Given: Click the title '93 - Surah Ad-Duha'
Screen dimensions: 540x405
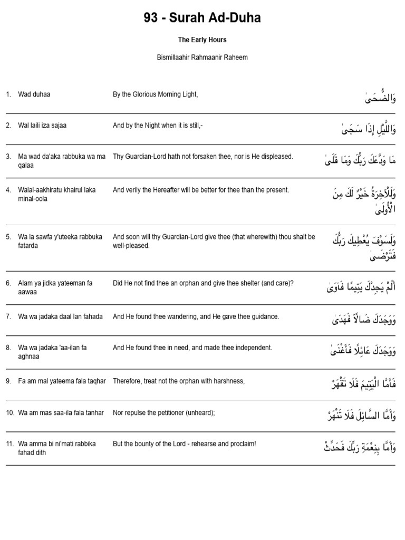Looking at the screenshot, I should tap(202, 18).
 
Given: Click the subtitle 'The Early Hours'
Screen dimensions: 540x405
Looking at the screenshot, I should tap(202, 40).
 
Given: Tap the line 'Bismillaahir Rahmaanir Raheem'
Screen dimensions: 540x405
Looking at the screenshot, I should tap(202, 57).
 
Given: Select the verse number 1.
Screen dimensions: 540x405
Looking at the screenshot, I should tap(8, 94).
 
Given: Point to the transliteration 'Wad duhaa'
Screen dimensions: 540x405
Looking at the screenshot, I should tap(34, 94).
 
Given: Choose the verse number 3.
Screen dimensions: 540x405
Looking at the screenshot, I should tap(8, 157).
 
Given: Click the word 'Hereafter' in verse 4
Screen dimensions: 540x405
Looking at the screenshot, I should tap(174, 190).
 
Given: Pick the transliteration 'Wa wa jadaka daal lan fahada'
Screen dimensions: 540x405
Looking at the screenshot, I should tap(61, 316).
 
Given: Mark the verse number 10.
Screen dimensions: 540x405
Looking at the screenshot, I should tap(10, 412).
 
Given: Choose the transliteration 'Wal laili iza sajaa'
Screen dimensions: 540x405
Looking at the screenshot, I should tap(42, 126).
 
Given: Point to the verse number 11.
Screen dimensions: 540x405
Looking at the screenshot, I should tap(10, 443).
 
